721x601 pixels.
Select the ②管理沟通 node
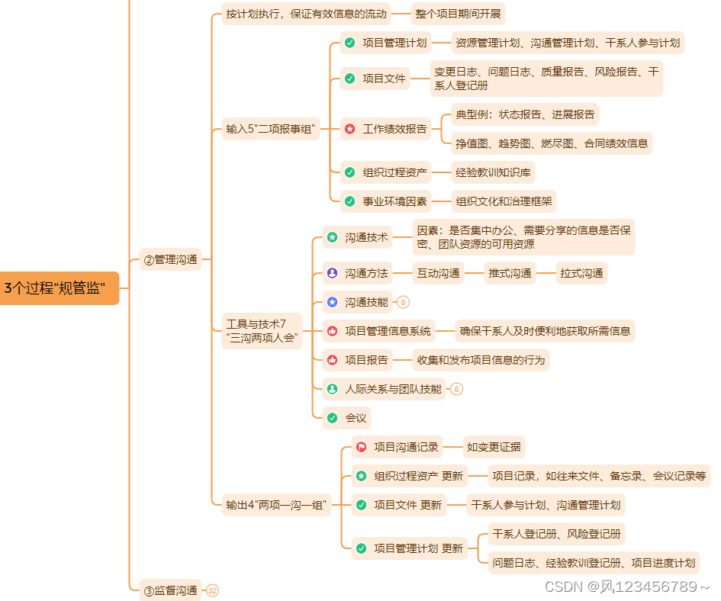(x=170, y=260)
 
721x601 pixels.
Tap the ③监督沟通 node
(x=170, y=590)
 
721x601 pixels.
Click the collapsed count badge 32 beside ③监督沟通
(x=212, y=590)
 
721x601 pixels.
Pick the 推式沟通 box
(x=510, y=273)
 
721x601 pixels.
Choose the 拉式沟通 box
(x=581, y=273)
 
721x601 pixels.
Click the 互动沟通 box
(x=438, y=273)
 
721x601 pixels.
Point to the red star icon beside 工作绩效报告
(x=349, y=129)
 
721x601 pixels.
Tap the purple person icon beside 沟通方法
(x=332, y=273)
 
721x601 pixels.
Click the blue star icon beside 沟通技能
(x=332, y=302)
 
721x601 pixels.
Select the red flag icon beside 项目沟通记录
(x=362, y=447)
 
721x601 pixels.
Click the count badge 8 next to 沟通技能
(x=404, y=302)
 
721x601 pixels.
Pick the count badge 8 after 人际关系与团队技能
(x=456, y=389)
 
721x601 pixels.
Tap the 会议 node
(x=356, y=418)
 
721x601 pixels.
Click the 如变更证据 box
(x=494, y=447)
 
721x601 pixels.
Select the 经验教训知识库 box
(x=493, y=172)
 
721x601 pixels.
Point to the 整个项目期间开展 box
(x=459, y=14)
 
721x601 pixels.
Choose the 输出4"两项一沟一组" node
(x=276, y=504)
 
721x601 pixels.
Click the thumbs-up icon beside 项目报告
(x=332, y=360)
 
